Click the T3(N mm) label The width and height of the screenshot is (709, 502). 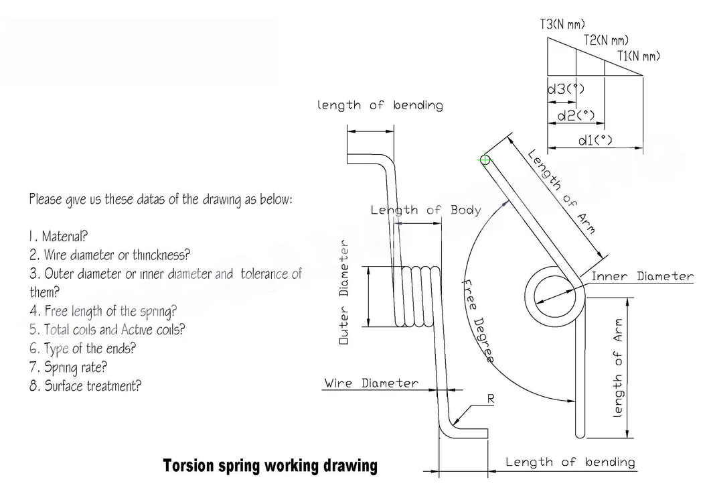pyautogui.click(x=562, y=25)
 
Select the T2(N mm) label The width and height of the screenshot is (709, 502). pyautogui.click(x=605, y=41)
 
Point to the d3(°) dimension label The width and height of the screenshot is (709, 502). pyautogui.click(x=566, y=89)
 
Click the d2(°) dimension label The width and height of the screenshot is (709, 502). pyautogui.click(x=576, y=116)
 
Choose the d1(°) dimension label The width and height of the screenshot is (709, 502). pyautogui.click(x=595, y=140)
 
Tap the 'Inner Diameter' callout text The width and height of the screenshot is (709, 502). pyautogui.click(x=642, y=276)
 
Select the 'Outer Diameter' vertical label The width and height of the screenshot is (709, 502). pyautogui.click(x=344, y=292)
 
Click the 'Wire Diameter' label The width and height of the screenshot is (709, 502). pyautogui.click(x=371, y=383)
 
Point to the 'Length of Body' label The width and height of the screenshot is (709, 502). pyautogui.click(x=426, y=210)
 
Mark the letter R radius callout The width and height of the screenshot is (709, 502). pyautogui.click(x=490, y=398)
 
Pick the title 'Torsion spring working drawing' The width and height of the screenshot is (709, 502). pyautogui.click(x=270, y=465)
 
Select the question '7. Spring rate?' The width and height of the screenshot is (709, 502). pyautogui.click(x=68, y=367)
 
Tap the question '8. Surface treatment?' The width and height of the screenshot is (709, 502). pyautogui.click(x=85, y=386)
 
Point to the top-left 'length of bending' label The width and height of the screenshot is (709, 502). pyautogui.click(x=380, y=105)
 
